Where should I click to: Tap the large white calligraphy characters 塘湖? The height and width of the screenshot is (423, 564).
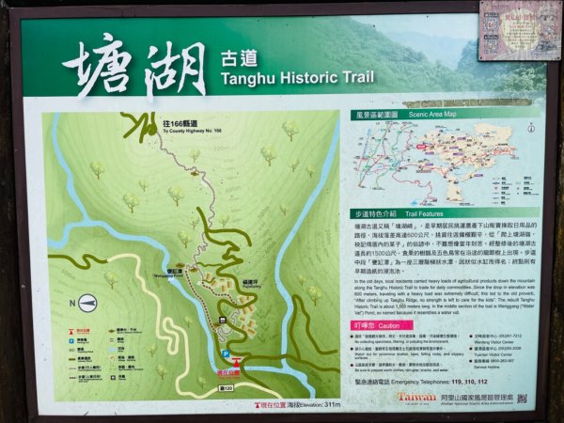pyautogui.click(x=135, y=68)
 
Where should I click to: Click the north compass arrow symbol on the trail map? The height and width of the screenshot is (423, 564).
pyautogui.click(x=87, y=302)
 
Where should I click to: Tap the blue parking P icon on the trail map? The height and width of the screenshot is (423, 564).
pyautogui.click(x=226, y=354)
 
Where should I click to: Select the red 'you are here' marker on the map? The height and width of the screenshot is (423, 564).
pyautogui.click(x=235, y=363)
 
